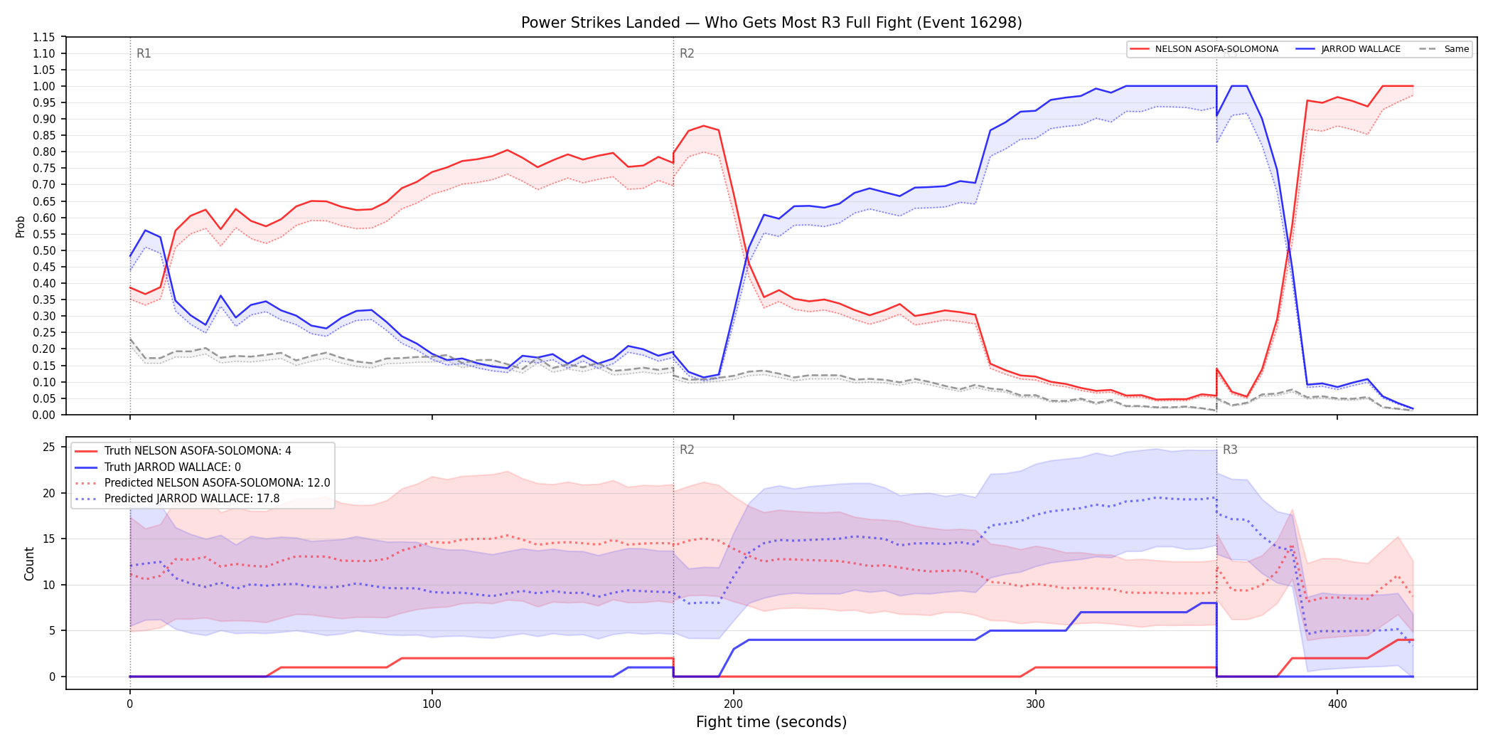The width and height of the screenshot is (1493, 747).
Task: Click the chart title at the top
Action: pos(771,23)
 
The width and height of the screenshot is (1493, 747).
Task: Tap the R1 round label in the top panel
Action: pos(144,53)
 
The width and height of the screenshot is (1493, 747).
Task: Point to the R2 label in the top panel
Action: pos(687,53)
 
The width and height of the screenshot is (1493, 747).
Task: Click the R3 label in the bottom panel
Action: pos(1230,450)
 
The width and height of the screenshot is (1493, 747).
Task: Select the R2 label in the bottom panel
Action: pos(687,450)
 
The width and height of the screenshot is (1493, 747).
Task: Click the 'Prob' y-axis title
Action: pos(20,226)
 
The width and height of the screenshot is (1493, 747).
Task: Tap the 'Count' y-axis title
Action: pos(29,563)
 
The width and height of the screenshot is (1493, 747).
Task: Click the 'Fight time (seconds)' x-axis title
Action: pos(771,722)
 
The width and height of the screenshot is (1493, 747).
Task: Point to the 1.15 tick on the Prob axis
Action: pos(44,37)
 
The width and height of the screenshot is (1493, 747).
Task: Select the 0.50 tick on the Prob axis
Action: pos(44,250)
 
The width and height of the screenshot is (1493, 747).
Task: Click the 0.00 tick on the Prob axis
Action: pos(44,415)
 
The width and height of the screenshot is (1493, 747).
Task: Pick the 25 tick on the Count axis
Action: pos(49,447)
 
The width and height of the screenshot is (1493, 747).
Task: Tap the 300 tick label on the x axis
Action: pos(1035,704)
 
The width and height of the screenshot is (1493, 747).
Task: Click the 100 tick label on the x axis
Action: pos(432,704)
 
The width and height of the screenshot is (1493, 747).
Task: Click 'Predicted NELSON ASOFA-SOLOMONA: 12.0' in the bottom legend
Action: pos(218,483)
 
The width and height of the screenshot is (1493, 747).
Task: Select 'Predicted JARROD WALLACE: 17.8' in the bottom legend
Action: pos(192,499)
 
